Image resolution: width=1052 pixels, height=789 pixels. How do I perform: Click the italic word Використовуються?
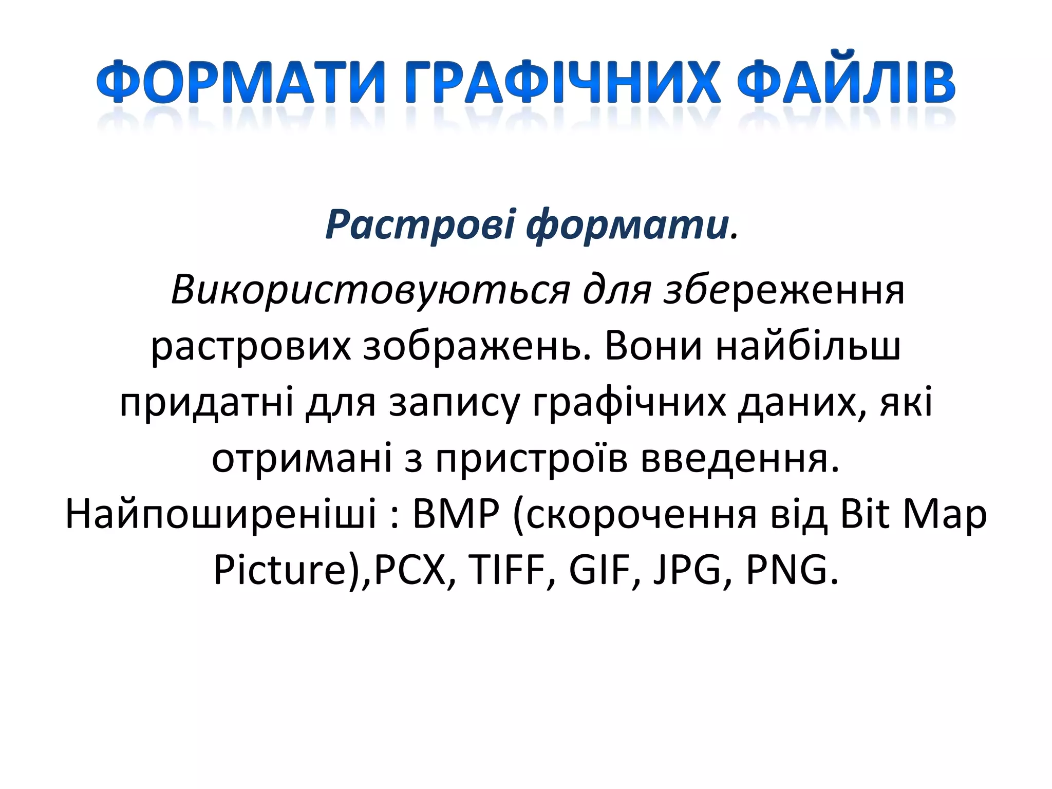tap(370, 290)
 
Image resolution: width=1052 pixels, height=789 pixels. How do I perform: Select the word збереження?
tap(783, 290)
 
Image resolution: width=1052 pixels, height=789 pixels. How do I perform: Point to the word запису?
tap(454, 402)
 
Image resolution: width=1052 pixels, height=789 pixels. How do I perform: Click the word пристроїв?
tap(532, 458)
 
